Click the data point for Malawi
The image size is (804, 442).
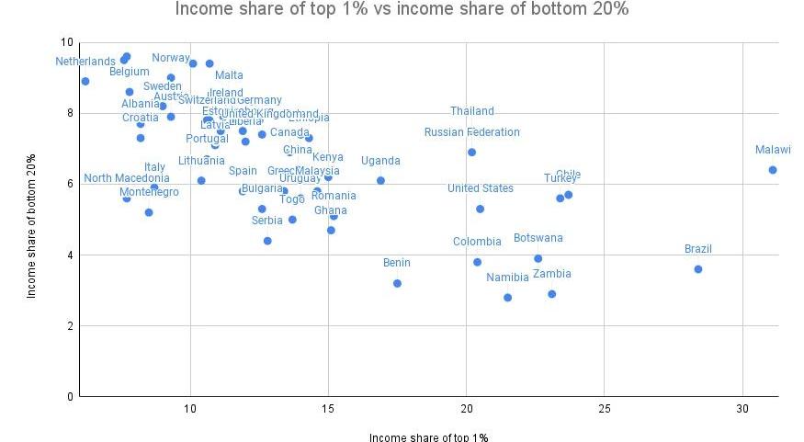coord(773,170)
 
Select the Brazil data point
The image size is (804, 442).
coord(698,269)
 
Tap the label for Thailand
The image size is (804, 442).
coord(472,111)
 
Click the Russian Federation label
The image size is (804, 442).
coord(472,132)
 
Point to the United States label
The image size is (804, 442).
coord(481,188)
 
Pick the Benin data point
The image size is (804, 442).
coord(397,283)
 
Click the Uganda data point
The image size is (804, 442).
coord(380,181)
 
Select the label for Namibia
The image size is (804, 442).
coord(508,278)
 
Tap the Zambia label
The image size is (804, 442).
coord(552,274)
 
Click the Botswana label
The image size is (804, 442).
coord(538,238)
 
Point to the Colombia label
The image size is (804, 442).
coord(478,242)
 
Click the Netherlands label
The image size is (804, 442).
coord(85,62)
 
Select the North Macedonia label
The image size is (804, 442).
coord(127,178)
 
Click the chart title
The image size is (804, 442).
coord(402,11)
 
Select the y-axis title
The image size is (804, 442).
coord(31,226)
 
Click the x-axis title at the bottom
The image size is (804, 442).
coord(428,436)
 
